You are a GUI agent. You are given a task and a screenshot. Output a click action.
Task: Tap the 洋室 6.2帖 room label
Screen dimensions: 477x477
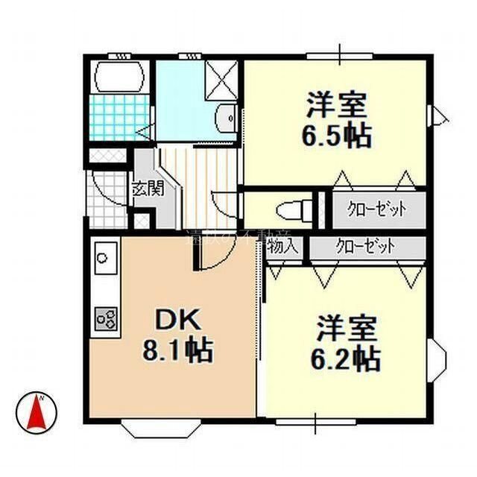[345, 344]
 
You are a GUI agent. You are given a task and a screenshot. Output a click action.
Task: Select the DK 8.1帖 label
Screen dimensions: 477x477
[177, 335]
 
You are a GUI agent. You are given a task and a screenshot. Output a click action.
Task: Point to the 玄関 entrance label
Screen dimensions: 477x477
[147, 189]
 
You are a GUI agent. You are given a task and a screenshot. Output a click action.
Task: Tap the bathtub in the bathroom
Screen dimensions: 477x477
[117, 77]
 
